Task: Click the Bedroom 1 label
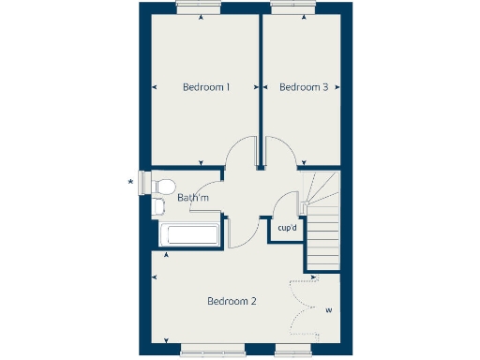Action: coord(206,87)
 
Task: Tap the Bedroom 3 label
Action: coord(304,87)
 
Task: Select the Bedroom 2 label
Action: coord(232,301)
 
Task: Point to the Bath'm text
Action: coord(192,198)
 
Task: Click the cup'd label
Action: coord(287,228)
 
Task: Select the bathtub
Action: coord(191,236)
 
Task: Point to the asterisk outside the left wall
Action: coord(130,182)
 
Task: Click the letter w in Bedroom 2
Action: coord(328,309)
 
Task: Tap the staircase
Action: coord(322,220)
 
